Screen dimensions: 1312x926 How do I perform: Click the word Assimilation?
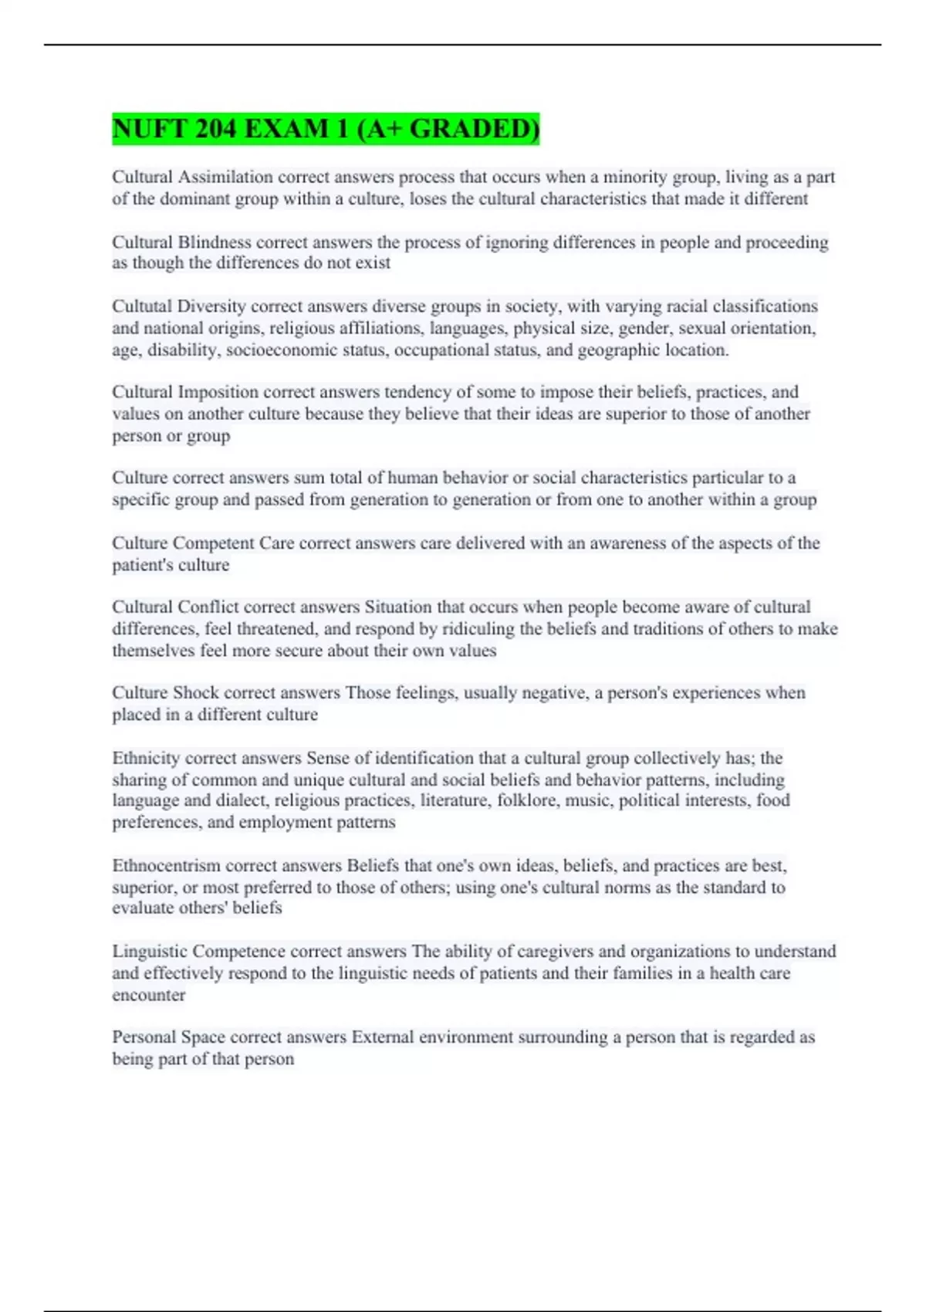(x=225, y=178)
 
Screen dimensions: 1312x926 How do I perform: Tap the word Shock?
(x=195, y=693)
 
